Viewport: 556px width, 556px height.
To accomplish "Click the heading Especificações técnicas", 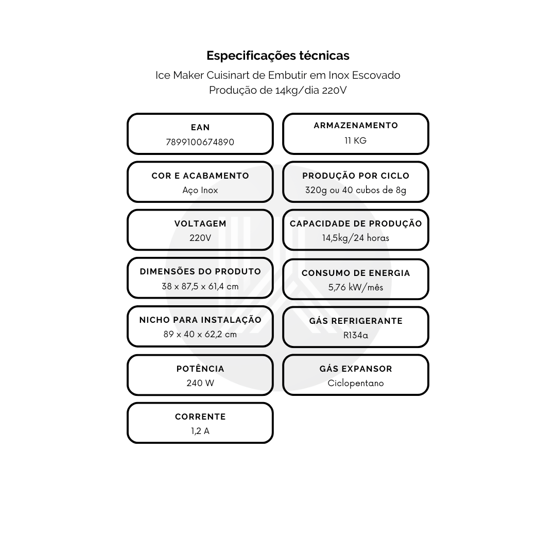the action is [x=278, y=56].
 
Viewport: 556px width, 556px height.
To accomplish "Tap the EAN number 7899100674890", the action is [x=200, y=142].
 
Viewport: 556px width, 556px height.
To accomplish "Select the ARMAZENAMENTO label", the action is [x=356, y=126].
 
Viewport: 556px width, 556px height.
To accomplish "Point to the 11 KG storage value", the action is [x=356, y=141].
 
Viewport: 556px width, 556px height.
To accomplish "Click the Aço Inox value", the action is [x=200, y=190].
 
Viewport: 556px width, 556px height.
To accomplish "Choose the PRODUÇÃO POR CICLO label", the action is [x=356, y=176].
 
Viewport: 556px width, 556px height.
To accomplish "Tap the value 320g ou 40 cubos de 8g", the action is [x=356, y=190].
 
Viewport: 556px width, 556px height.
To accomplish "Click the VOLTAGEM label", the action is [x=200, y=224].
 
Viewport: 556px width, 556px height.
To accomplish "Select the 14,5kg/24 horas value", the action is [x=356, y=238].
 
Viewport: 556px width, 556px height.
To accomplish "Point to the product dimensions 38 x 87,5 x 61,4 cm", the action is [x=200, y=286].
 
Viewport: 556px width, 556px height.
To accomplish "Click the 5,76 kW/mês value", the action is [x=356, y=287].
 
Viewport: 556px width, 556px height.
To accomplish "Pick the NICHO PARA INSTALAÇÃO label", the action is [x=200, y=320].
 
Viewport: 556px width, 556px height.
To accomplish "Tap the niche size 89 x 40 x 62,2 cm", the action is [x=200, y=335].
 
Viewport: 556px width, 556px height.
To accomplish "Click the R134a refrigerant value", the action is [x=356, y=336].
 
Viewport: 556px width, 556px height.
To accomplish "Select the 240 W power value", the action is [x=200, y=384].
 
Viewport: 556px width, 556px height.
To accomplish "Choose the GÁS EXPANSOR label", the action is [x=356, y=369].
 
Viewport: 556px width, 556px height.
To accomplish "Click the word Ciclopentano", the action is [x=356, y=384].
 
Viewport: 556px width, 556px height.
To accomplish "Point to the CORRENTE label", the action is [x=200, y=416].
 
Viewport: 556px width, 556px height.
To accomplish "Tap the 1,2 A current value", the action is [x=200, y=431].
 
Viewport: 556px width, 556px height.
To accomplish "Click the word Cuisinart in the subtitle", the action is [x=228, y=75].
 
